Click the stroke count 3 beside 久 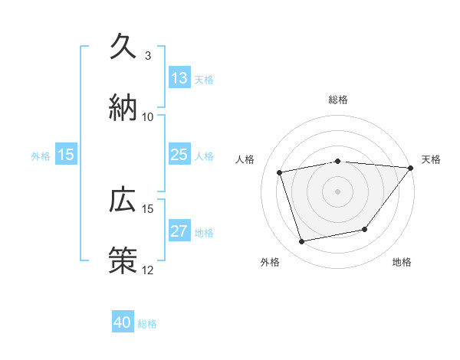tap(148, 56)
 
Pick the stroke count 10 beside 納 tap(148, 116)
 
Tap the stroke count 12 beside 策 tap(148, 269)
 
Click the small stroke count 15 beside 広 tap(148, 208)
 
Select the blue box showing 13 tap(179, 78)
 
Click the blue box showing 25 tap(179, 155)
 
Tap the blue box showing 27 tap(179, 231)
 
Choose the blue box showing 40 tap(123, 322)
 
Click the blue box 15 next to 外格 tap(66, 155)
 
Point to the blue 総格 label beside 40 tap(147, 323)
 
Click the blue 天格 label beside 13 tap(204, 79)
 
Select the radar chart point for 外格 tap(302, 242)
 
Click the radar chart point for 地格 tap(365, 229)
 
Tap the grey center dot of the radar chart tap(338, 191)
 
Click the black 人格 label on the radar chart tap(245, 159)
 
